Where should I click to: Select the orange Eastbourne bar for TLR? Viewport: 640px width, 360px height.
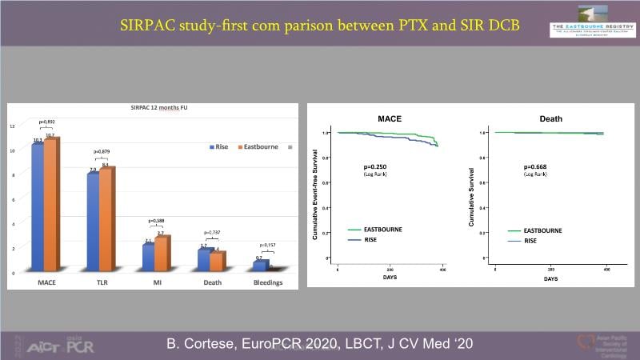point(106,222)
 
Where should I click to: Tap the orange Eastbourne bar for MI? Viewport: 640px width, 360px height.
point(161,255)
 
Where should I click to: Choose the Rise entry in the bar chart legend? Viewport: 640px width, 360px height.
point(220,146)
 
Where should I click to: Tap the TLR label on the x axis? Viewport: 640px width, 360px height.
point(99,282)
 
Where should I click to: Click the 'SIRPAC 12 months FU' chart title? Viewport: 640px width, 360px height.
point(154,107)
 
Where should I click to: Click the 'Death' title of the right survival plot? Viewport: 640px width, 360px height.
point(550,119)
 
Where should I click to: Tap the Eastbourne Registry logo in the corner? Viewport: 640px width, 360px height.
point(591,28)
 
